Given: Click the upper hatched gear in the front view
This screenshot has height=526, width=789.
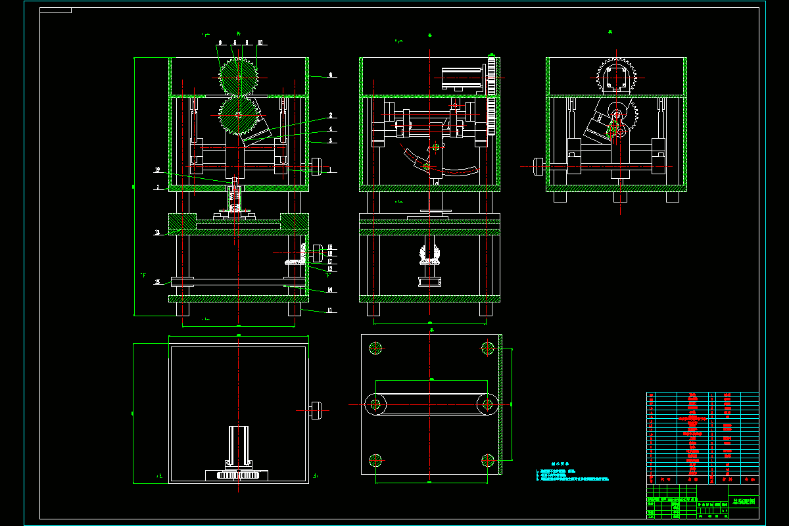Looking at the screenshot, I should [238, 77].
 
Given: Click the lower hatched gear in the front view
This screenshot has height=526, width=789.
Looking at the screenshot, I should [237, 115].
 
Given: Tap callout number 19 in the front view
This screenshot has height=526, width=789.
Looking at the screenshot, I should [157, 170].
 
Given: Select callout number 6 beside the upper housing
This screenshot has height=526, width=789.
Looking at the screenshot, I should [331, 76].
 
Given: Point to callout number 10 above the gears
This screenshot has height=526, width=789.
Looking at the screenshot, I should [260, 42].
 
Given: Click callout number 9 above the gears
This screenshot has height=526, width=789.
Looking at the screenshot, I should [220, 42].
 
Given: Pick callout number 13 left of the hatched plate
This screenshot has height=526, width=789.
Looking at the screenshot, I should [157, 233].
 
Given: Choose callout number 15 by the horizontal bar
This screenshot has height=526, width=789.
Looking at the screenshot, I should [157, 282].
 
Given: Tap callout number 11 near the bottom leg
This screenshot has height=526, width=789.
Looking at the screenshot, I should [331, 310].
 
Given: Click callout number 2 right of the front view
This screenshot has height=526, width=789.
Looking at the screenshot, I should [331, 115].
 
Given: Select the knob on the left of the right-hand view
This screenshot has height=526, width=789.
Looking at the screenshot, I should [539, 167].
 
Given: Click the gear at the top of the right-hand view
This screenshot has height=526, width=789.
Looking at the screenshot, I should [616, 77].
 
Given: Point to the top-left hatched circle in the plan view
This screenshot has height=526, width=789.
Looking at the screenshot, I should [376, 347].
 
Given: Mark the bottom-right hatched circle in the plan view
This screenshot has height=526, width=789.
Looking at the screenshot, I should [487, 460].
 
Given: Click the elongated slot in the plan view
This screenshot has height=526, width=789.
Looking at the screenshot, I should [431, 403].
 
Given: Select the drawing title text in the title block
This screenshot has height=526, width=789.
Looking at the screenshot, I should [744, 502].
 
